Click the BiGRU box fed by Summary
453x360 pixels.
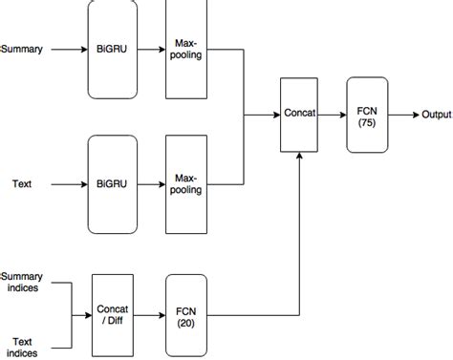(112, 49)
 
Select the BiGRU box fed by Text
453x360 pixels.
(112, 183)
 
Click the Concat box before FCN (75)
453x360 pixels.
(299, 115)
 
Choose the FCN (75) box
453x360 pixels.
(366, 115)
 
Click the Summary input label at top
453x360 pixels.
(22, 49)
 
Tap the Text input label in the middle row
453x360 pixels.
(22, 183)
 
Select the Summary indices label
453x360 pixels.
(23, 282)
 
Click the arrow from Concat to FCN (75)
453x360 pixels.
(333, 115)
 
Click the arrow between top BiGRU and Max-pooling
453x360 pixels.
(151, 49)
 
